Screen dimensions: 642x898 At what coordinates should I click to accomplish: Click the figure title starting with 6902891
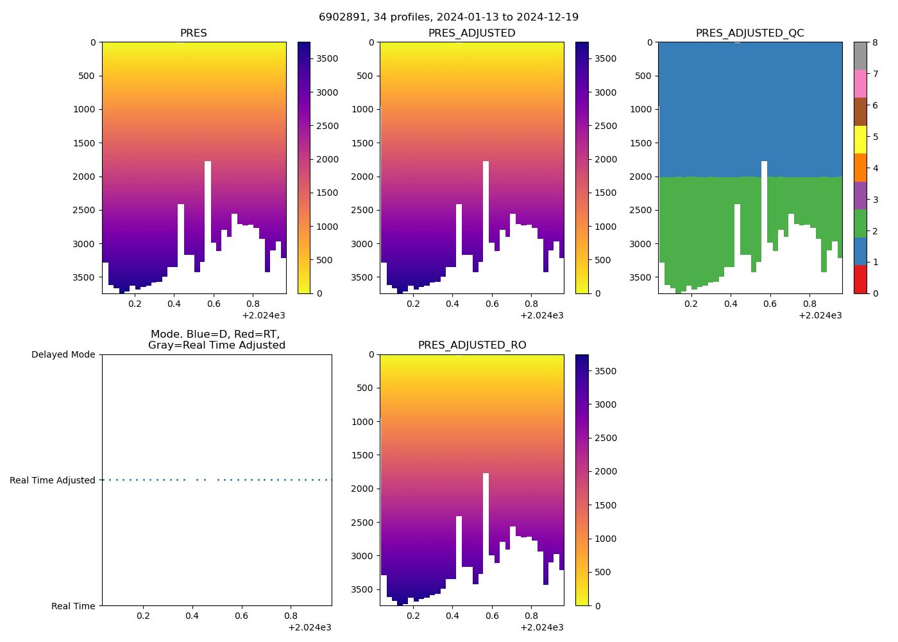click(448, 17)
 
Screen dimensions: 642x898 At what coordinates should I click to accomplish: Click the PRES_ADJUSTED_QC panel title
click(750, 33)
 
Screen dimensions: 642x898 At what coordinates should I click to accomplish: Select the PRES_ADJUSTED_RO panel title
click(472, 345)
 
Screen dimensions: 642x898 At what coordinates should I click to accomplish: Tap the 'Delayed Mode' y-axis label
click(63, 354)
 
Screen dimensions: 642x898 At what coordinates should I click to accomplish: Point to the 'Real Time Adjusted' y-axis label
click(53, 480)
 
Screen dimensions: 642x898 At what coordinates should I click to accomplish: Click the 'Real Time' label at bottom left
click(73, 606)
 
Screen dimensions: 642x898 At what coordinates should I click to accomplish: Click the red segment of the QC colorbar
click(860, 279)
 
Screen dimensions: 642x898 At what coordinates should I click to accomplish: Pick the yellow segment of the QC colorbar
click(860, 139)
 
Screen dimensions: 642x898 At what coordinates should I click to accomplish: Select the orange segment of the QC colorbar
click(860, 168)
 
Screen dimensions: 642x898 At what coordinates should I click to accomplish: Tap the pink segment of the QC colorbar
click(860, 83)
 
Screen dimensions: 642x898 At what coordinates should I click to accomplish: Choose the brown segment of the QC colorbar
click(860, 112)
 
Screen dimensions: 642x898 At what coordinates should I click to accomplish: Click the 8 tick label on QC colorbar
click(875, 42)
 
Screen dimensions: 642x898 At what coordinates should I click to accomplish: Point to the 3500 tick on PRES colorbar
click(328, 58)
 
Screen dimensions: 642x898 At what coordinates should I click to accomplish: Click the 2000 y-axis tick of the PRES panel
click(84, 177)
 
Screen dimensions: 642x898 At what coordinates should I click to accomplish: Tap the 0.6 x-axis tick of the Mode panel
click(241, 616)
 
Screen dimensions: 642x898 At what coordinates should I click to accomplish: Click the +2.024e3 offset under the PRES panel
click(264, 315)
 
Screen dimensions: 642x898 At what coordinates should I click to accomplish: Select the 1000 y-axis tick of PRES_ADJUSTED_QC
click(640, 109)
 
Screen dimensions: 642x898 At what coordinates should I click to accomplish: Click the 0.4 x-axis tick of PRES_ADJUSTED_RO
click(452, 616)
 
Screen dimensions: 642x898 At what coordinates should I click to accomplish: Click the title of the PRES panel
click(193, 33)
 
